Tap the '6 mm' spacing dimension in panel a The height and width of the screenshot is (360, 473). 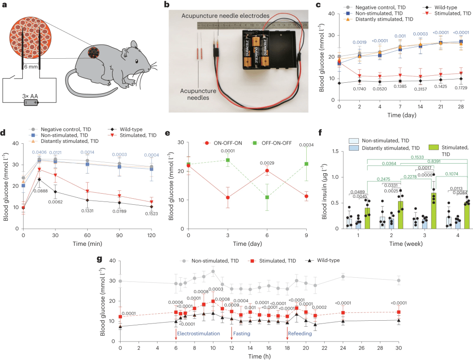coord(30,67)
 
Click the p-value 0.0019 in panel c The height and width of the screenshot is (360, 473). coord(359,43)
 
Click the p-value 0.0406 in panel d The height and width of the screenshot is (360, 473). coord(40,152)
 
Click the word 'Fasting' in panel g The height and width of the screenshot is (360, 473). coord(243,333)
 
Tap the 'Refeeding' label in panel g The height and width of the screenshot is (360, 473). coord(301,333)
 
